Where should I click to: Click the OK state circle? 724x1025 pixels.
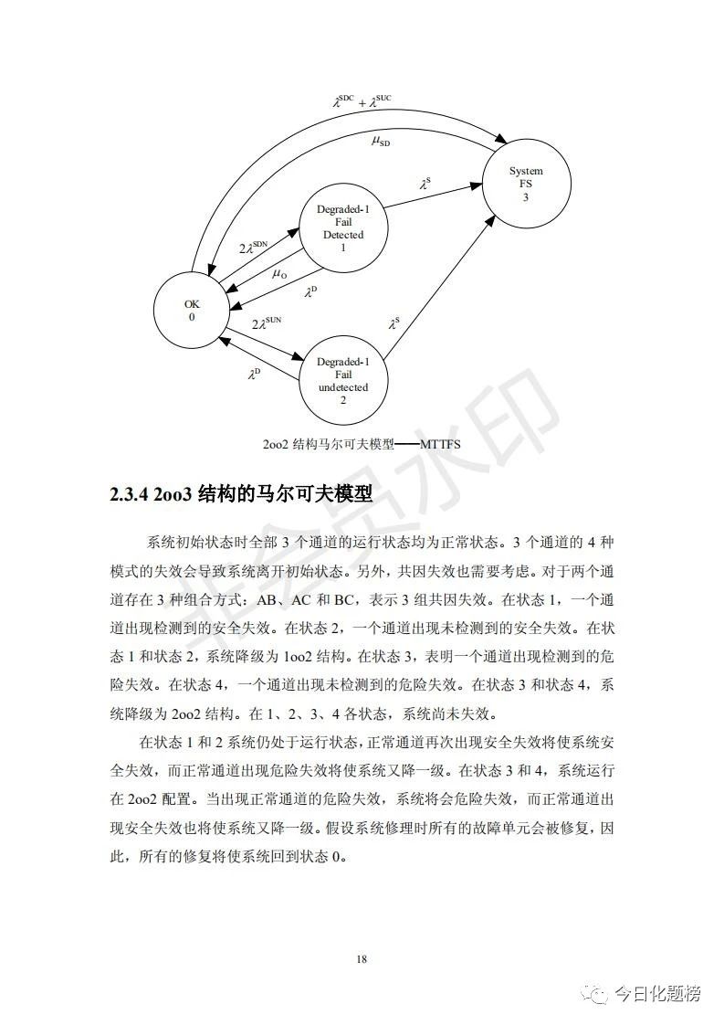[192, 311]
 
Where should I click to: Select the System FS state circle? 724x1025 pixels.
[525, 184]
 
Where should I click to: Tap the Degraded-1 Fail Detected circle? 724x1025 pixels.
[342, 228]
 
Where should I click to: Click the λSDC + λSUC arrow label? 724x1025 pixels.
[362, 100]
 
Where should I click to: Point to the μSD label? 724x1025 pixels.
[381, 141]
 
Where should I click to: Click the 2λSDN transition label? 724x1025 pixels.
[253, 247]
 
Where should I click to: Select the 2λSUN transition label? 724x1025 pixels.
[268, 323]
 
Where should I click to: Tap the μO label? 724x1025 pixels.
[279, 273]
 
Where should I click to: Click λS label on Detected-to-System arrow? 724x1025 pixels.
[425, 184]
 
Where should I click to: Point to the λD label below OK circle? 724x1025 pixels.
[254, 373]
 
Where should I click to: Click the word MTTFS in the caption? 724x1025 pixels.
[441, 444]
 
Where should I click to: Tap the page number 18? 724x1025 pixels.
[362, 958]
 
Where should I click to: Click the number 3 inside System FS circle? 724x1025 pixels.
[525, 197]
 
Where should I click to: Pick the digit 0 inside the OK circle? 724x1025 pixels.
[192, 317]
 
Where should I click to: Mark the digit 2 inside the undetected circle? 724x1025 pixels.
[343, 400]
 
